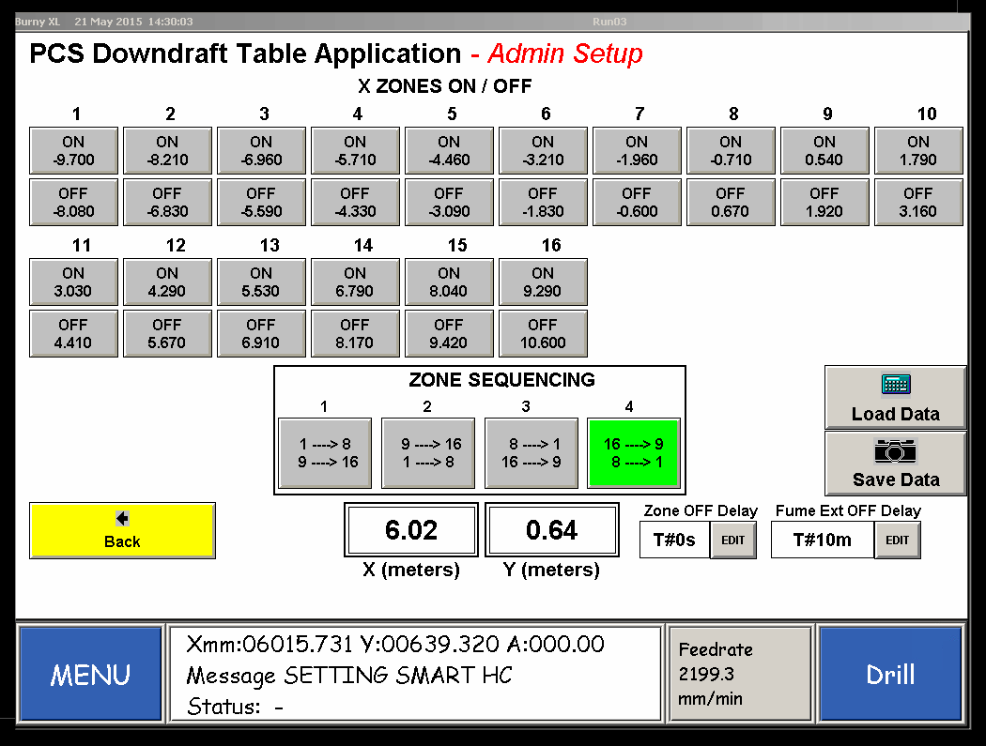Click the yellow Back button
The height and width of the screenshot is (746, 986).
click(123, 530)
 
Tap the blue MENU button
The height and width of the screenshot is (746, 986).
click(90, 675)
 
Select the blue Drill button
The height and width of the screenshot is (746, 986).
click(890, 675)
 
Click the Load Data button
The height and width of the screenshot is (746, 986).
click(896, 397)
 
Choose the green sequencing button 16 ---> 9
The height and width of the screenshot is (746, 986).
click(634, 453)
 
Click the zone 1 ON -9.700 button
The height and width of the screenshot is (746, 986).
click(73, 151)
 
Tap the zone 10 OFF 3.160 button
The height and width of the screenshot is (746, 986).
click(918, 203)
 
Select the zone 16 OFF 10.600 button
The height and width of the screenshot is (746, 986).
click(543, 334)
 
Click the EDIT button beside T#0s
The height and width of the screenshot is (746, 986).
click(733, 540)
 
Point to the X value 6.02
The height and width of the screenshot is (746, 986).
click(411, 530)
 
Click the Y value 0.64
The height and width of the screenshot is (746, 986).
click(551, 530)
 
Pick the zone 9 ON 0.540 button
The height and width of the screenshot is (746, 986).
click(824, 151)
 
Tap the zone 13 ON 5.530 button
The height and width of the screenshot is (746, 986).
click(261, 282)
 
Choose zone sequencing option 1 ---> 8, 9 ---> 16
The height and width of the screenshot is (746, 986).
click(325, 453)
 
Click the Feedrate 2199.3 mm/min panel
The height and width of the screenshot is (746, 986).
click(740, 674)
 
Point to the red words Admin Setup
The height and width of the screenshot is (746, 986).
click(565, 53)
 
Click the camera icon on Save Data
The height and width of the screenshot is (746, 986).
click(896, 451)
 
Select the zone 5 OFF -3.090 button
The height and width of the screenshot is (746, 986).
click(449, 203)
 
